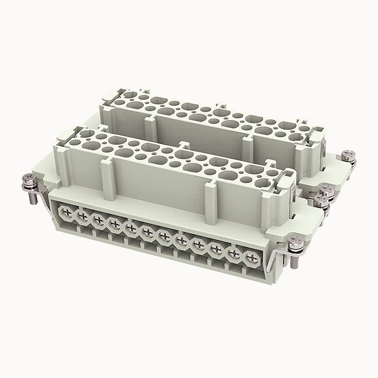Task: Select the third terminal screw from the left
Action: pyautogui.click(x=98, y=220)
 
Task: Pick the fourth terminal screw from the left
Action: pyautogui.click(x=114, y=224)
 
